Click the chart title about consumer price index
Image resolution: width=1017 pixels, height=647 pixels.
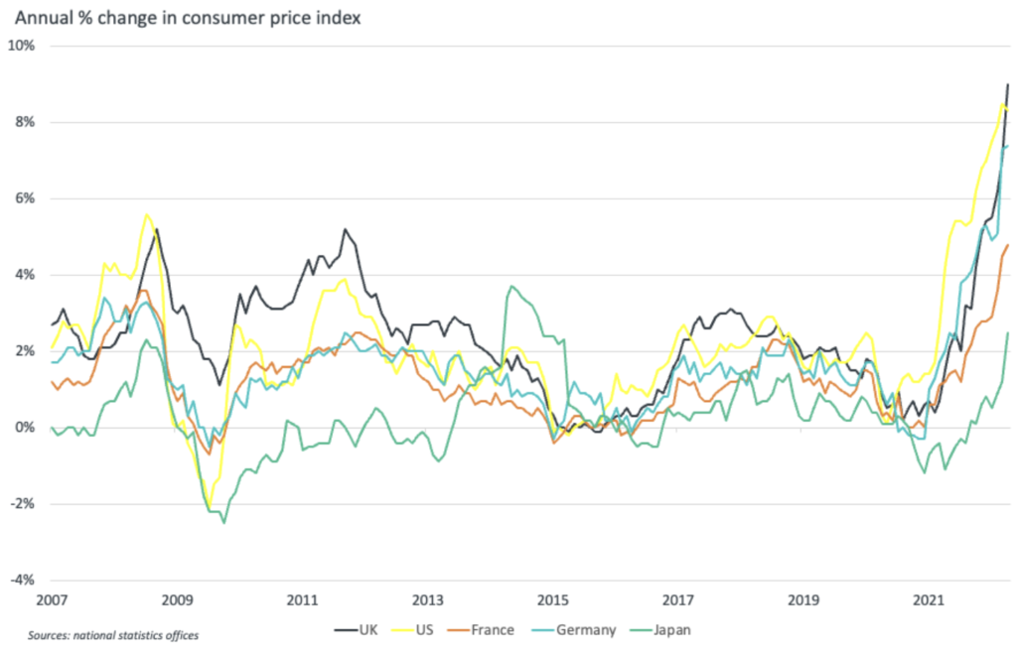[x=188, y=18]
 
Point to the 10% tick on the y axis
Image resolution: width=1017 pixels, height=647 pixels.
[x=22, y=46]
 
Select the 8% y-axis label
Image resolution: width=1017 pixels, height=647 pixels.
[x=25, y=122]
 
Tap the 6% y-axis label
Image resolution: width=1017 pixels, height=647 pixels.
[x=25, y=198]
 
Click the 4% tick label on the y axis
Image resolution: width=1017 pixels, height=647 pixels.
[x=25, y=275]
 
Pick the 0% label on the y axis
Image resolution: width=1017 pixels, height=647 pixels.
[x=25, y=428]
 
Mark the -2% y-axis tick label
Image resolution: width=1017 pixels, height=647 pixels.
[x=23, y=504]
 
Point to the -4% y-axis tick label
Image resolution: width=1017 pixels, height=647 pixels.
[x=23, y=581]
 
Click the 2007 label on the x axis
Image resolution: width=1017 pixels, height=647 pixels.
[x=52, y=600]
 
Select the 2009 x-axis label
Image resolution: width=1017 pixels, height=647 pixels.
[x=177, y=600]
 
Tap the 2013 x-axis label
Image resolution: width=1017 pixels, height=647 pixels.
[x=427, y=600]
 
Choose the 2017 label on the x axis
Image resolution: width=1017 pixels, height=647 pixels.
[x=677, y=600]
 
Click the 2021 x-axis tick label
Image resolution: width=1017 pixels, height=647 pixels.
[x=928, y=600]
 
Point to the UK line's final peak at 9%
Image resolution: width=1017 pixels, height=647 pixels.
[x=1008, y=85]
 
